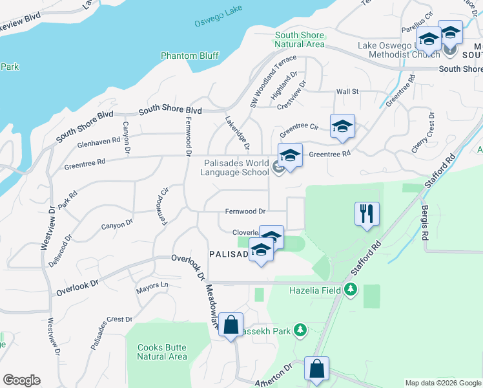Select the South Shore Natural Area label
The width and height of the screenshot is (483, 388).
pos(299,40)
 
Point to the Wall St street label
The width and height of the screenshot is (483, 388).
pos(347,92)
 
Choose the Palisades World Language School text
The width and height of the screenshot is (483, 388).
pos(236,168)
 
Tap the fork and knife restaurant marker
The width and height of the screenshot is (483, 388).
pos(367,214)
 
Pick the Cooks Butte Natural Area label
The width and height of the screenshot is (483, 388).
pos(162,352)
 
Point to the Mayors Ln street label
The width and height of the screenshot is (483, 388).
pos(152,285)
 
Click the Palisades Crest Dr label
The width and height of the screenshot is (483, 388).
pos(111,331)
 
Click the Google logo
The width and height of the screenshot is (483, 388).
pos(21,380)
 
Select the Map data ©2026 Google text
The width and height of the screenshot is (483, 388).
pos(442,383)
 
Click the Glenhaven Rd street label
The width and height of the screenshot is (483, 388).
pos(99,142)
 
